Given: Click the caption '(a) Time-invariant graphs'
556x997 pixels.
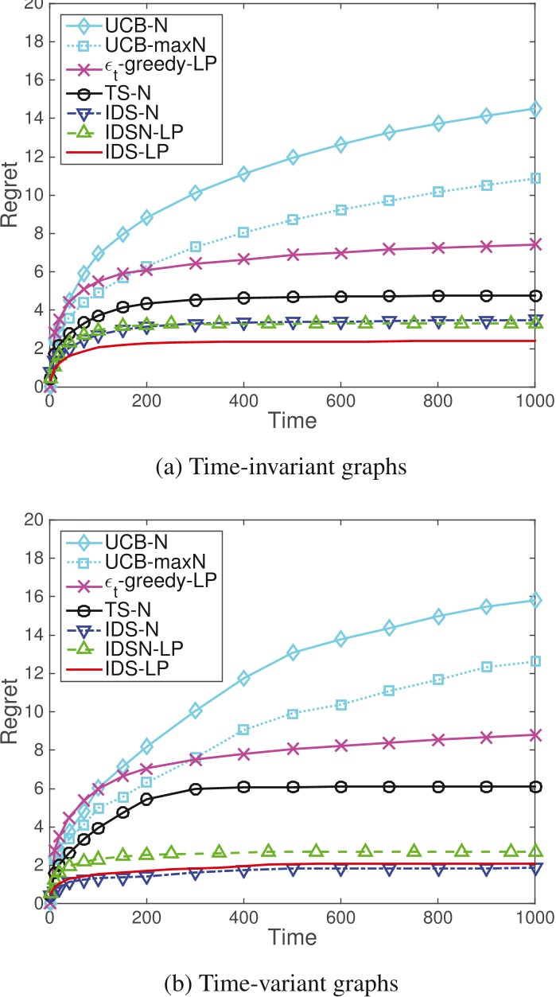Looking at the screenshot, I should click(x=278, y=467).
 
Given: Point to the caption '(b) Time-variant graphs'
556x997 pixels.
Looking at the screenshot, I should click(x=278, y=974).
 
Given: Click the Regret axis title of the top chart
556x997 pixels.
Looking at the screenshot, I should click(x=11, y=196).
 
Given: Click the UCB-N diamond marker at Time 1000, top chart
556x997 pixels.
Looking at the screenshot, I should click(x=535, y=108).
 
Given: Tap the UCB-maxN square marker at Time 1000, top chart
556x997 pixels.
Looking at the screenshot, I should click(x=535, y=178).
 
